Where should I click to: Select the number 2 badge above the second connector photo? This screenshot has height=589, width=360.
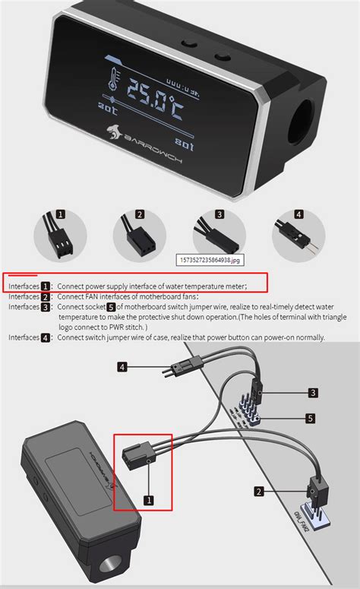coord(140,214)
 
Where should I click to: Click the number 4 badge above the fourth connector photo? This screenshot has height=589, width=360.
coord(299,214)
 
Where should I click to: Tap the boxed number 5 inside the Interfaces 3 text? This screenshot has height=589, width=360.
coord(111,307)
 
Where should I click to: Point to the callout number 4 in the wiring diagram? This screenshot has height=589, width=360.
coord(122,367)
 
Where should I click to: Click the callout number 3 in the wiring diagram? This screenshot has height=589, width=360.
coord(311,392)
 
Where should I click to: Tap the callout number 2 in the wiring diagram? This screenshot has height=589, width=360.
coord(258,492)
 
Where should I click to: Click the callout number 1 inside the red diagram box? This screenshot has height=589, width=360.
coord(149,500)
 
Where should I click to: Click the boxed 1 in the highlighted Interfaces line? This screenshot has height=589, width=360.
coord(46,286)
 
